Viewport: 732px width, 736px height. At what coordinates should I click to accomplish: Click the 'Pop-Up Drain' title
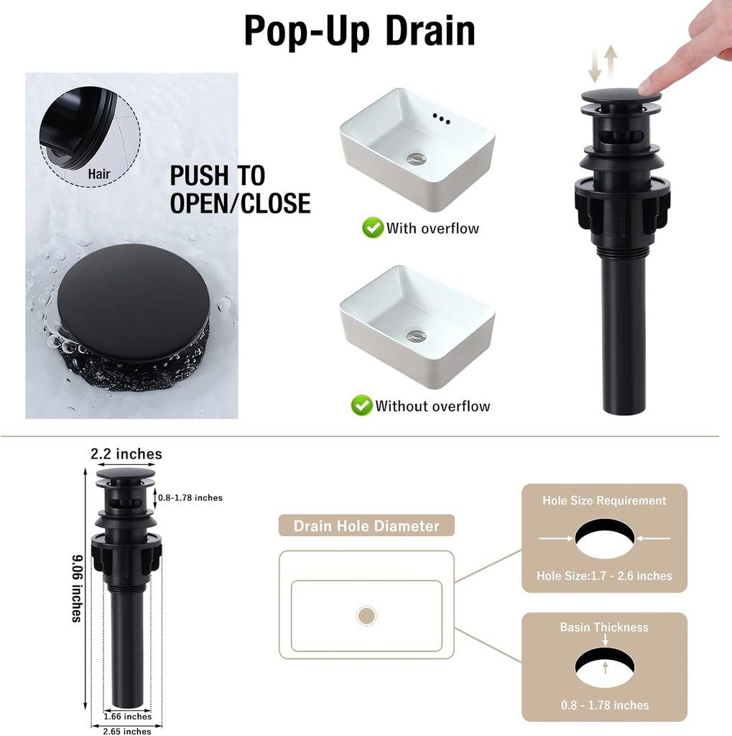359,32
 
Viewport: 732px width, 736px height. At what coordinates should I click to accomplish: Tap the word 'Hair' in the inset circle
99,173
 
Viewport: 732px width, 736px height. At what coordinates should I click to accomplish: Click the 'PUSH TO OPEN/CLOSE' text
239,190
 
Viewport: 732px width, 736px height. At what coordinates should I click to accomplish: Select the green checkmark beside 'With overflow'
372,229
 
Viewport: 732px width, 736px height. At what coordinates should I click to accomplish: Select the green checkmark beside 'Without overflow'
361,405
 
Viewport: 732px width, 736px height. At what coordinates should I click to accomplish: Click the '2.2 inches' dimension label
126,454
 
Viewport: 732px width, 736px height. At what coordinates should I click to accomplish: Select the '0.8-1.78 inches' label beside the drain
190,497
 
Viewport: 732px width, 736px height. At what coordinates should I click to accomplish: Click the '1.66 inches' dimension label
128,716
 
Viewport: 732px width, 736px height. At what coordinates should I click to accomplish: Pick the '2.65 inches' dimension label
127,731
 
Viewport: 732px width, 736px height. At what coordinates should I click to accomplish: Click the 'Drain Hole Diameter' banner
366,525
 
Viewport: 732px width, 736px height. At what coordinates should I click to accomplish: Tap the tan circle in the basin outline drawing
366,616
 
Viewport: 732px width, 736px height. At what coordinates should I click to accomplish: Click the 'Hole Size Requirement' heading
604,500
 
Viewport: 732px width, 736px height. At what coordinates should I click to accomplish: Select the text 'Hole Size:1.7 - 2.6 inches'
604,576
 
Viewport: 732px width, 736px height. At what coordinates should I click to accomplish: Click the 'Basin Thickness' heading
604,627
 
